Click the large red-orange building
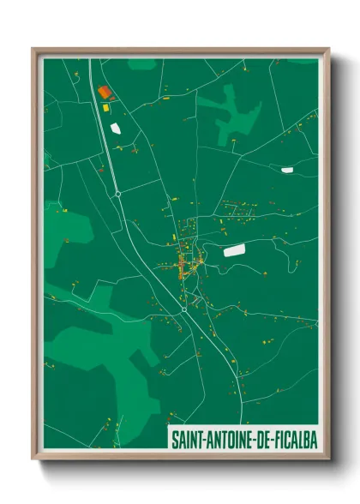coord(104,92)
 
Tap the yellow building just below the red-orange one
coord(106,109)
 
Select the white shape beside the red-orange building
coord(116,129)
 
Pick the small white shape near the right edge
coord(287,170)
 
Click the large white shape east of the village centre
coord(234,250)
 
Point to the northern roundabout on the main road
coord(118,194)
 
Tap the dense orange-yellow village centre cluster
coord(185,261)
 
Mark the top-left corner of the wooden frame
coord(33,49)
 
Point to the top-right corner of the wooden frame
coord(328,49)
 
